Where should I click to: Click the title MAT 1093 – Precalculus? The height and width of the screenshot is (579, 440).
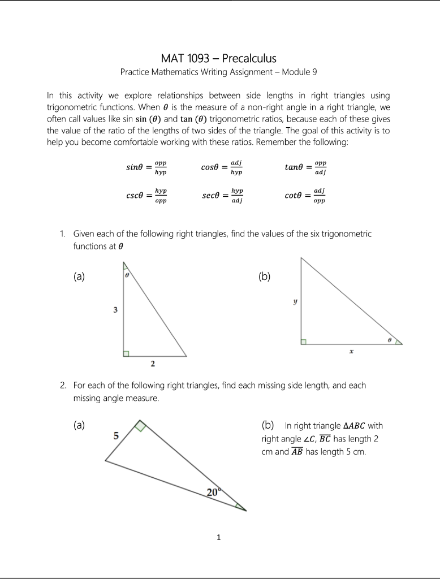(219, 58)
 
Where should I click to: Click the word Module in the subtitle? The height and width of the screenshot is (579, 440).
(296, 72)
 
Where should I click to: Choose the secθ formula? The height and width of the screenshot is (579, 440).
(222, 196)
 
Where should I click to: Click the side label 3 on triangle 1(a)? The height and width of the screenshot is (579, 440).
(115, 310)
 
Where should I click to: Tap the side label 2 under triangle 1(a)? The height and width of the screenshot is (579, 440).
(153, 364)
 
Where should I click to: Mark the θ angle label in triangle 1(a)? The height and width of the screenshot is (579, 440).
(127, 274)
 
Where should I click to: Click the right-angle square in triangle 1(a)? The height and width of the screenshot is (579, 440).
(127, 353)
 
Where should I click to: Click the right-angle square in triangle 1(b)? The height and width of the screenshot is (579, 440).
(304, 342)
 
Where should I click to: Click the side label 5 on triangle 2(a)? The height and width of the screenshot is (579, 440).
(115, 436)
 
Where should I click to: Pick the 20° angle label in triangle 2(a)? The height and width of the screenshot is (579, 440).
(213, 492)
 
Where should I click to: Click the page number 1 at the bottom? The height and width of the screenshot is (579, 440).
(219, 537)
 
